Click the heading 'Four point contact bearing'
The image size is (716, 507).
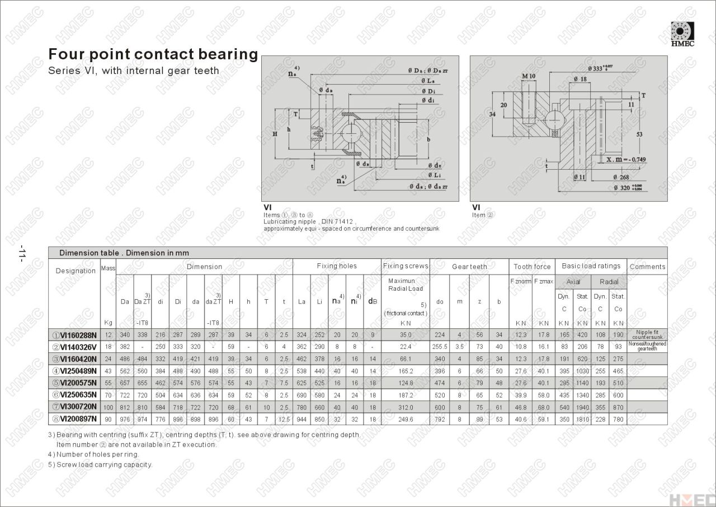pyautogui.click(x=153, y=54)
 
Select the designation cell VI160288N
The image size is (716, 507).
pyautogui.click(x=74, y=335)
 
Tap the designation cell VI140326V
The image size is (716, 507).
pyautogui.click(x=74, y=347)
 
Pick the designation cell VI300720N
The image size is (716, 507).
pyautogui.click(x=74, y=406)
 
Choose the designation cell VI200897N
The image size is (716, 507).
pyautogui.click(x=74, y=418)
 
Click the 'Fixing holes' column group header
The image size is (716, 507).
pyautogui.click(x=337, y=266)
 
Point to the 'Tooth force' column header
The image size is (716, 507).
pyautogui.click(x=532, y=267)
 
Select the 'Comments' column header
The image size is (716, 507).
pyautogui.click(x=647, y=267)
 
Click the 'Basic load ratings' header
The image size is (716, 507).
pyautogui.click(x=591, y=266)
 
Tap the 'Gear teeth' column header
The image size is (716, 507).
pyautogui.click(x=469, y=267)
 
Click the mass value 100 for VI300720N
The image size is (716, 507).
pyautogui.click(x=108, y=407)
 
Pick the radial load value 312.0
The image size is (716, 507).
pyautogui.click(x=406, y=407)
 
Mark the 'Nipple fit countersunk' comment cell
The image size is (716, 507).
pyautogui.click(x=647, y=335)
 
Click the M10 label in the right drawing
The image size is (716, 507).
pyautogui.click(x=529, y=76)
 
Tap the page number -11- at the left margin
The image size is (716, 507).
pyautogui.click(x=22, y=253)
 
